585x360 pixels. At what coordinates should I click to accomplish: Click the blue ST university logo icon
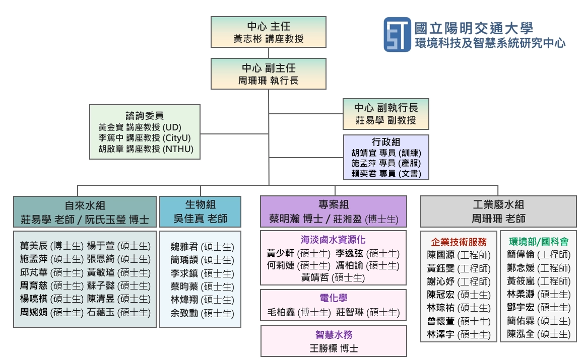tap(397, 34)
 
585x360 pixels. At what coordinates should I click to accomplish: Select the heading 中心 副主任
tap(268, 67)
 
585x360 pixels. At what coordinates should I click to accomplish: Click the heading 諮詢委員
tap(145, 116)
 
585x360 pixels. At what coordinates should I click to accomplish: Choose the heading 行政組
tap(386, 142)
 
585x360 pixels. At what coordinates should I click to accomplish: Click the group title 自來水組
tap(85, 205)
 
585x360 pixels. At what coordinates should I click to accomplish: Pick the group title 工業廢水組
tap(498, 205)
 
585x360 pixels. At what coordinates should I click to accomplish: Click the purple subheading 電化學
tap(333, 299)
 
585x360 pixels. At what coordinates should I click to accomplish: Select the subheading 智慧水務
tap(333, 334)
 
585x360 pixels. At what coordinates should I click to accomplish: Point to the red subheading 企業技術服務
tap(459, 241)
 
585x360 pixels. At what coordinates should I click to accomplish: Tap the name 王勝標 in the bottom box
tap(322, 348)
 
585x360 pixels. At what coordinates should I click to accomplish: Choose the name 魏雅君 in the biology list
tap(184, 247)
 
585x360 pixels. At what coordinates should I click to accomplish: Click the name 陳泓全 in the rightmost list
tap(521, 334)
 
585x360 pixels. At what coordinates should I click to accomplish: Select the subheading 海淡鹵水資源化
tap(333, 240)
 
